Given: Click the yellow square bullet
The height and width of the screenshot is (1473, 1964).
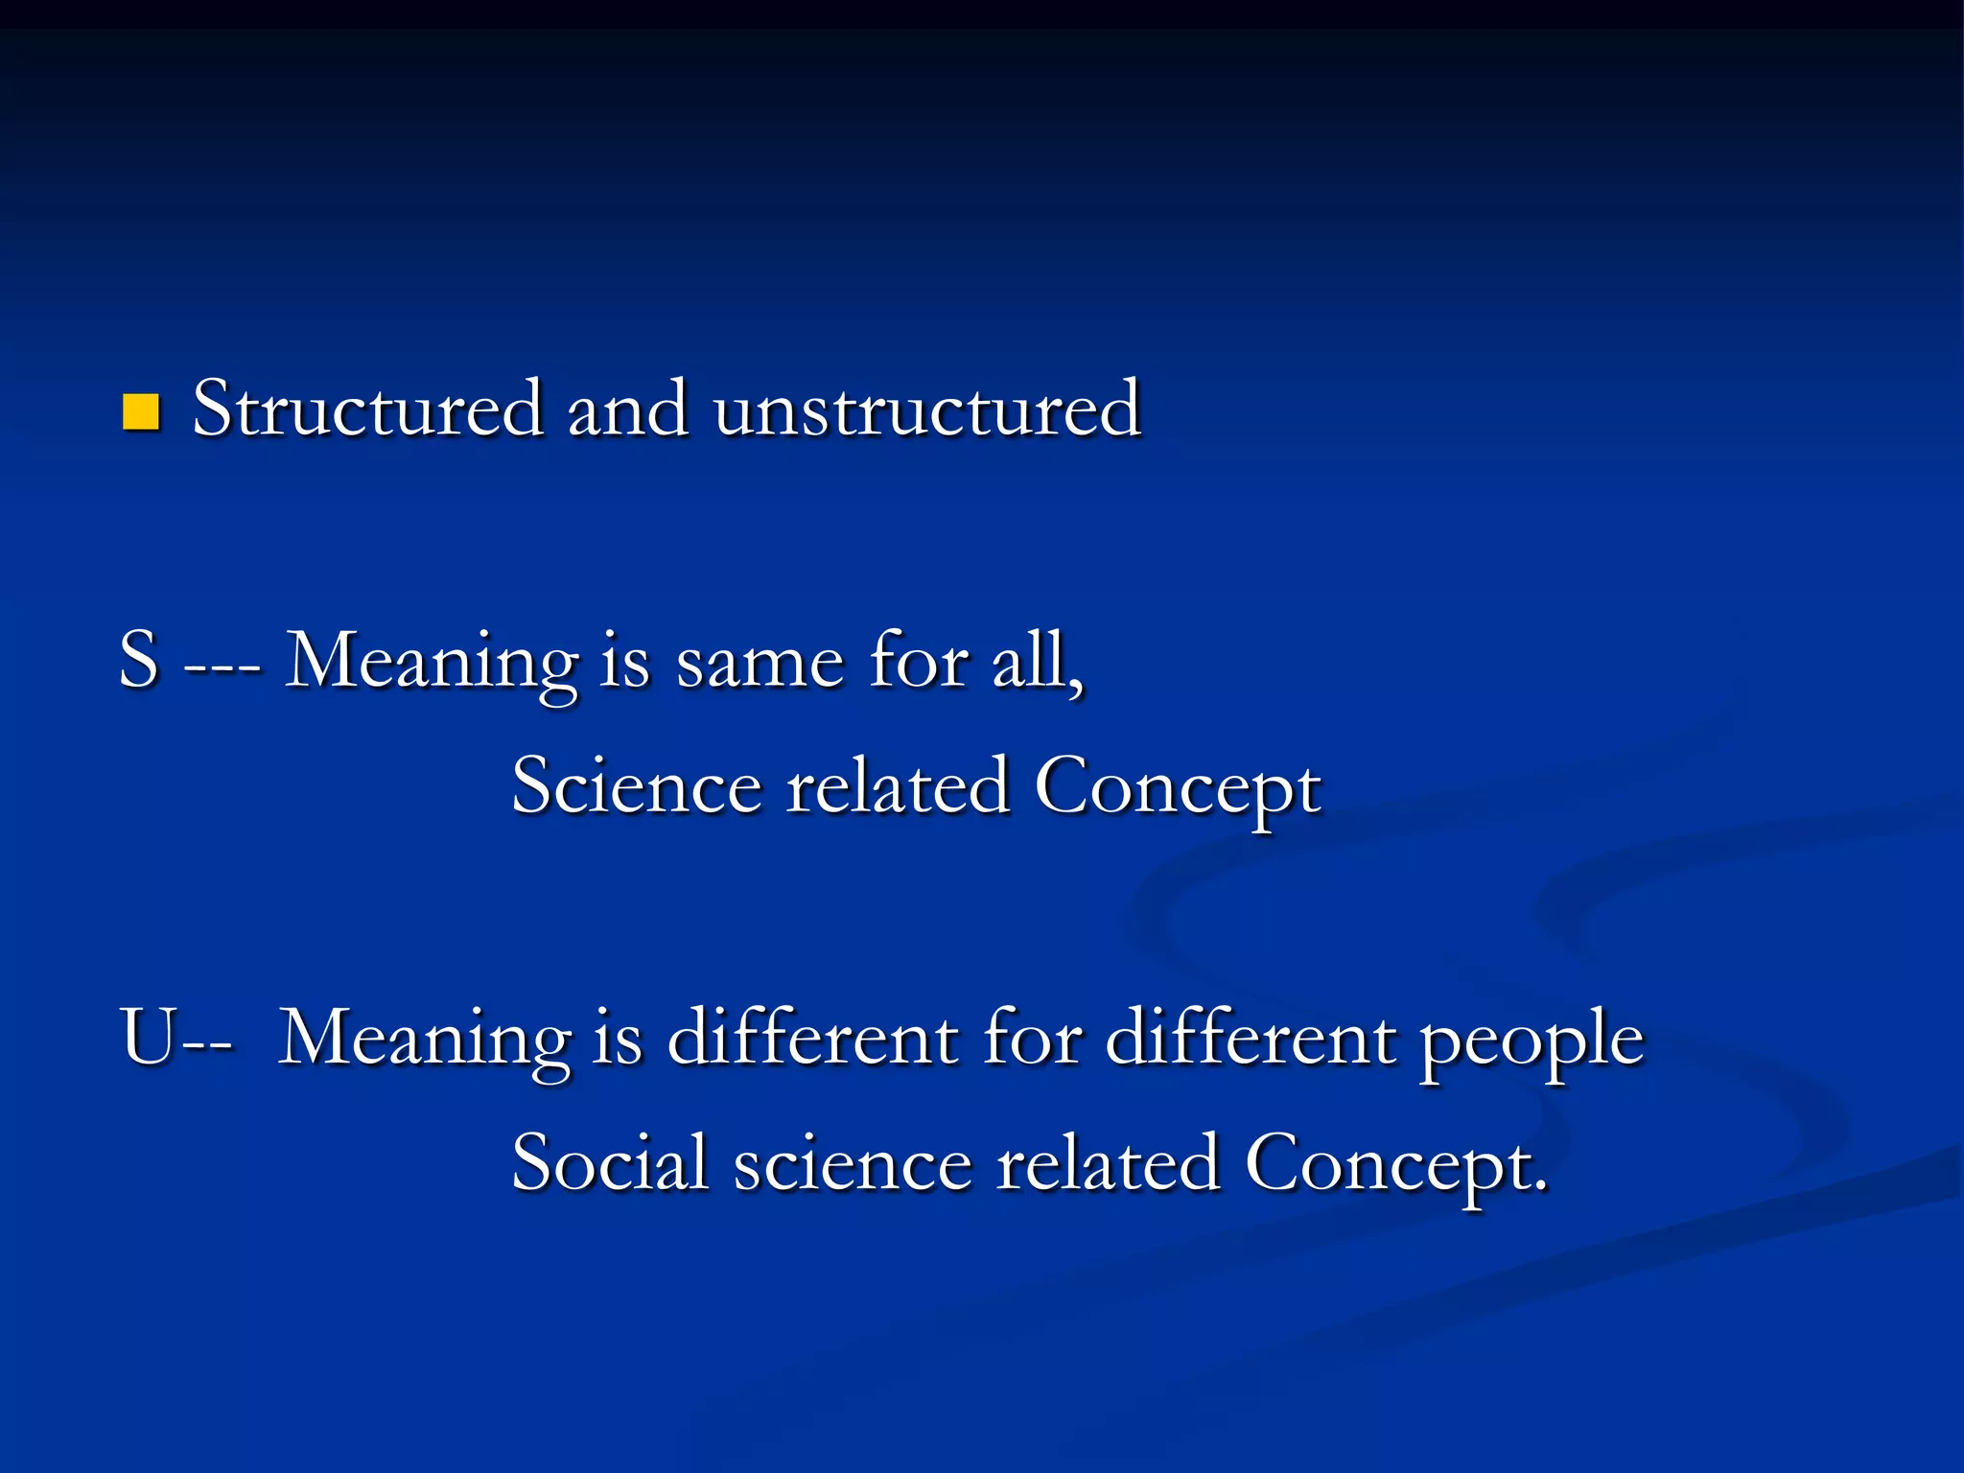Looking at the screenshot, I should (x=141, y=412).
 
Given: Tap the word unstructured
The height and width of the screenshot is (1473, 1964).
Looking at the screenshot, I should (x=926, y=409).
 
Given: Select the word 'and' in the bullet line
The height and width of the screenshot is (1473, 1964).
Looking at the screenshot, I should (x=628, y=409).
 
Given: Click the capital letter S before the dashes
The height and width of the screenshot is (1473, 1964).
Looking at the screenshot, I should (x=139, y=661).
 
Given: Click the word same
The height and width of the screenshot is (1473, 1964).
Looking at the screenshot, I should (x=761, y=663).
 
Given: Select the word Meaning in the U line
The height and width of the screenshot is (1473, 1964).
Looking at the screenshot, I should (x=425, y=1040).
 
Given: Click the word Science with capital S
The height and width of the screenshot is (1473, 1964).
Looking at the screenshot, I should (x=637, y=786).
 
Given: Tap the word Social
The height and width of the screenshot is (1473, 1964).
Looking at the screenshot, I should (x=610, y=1163).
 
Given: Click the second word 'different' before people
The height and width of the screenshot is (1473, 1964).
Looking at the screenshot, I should (x=1251, y=1039).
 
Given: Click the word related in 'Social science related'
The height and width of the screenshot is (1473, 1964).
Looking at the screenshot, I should (x=1108, y=1163).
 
